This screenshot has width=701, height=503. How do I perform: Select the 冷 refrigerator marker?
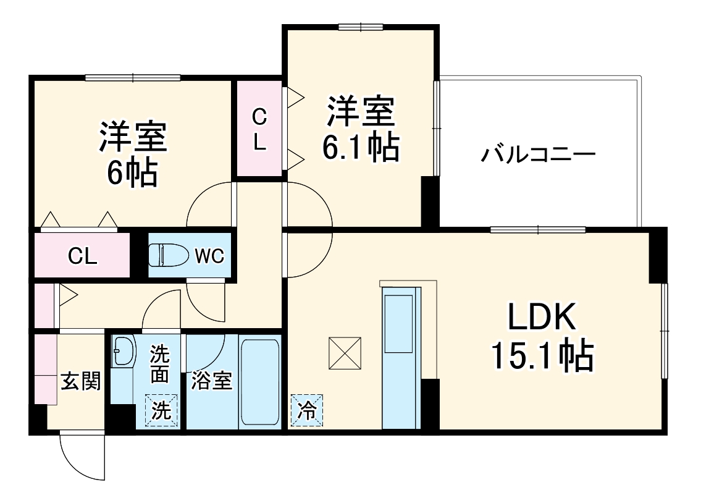click(306, 410)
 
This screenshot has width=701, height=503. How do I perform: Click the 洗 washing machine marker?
click(161, 411)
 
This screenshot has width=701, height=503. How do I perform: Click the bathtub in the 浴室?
click(259, 381)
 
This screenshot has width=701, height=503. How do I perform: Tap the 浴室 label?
click(211, 381)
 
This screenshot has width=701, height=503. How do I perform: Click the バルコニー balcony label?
click(539, 153)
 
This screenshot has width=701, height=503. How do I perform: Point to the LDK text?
click(542, 319)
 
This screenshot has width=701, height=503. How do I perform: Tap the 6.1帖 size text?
click(359, 147)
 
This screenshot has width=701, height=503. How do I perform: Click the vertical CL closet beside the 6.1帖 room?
click(259, 129)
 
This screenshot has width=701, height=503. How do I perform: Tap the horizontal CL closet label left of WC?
click(82, 256)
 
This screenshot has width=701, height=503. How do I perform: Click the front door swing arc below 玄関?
click(80, 457)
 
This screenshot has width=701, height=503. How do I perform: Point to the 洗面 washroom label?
click(160, 365)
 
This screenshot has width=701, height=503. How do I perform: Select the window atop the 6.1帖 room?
click(361, 26)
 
